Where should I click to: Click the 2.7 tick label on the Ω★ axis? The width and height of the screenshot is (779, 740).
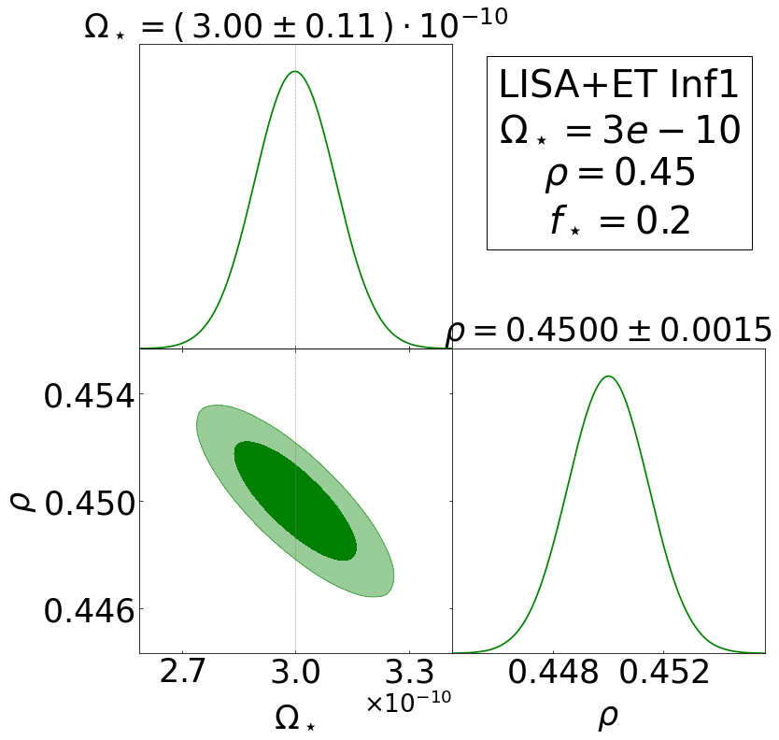pos(182,673)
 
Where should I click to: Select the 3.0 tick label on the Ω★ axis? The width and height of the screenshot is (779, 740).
pos(295,673)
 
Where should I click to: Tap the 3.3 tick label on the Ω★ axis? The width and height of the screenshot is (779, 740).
pos(409,673)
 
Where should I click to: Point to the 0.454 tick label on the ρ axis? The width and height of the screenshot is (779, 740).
pos(88,395)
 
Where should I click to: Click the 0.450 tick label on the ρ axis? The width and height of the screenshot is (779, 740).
pos(88,502)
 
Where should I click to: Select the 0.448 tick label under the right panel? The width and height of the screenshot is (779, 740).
pos(553,673)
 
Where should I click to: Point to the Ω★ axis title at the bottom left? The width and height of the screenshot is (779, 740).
pos(295,718)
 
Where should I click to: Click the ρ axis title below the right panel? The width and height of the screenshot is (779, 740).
pos(608,718)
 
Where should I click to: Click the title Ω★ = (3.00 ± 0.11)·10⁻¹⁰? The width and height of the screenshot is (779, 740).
pos(295,26)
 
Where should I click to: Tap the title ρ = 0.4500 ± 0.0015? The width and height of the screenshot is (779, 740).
pos(608,331)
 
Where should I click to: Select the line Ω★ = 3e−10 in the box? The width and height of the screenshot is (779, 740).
pos(619,129)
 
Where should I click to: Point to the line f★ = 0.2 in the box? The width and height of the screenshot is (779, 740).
pos(619,221)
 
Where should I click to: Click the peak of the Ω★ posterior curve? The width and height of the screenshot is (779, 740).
pos(295,72)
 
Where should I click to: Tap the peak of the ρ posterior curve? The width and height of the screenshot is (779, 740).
pos(608,377)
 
